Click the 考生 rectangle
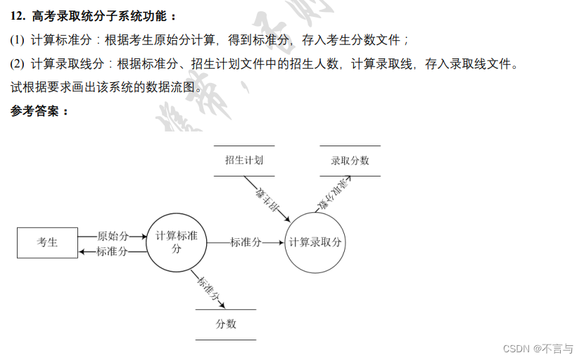[47, 243]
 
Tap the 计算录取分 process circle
[316, 243]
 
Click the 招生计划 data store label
[244, 160]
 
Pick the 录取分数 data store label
[350, 160]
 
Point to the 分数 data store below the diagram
[226, 324]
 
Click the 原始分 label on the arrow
[113, 236]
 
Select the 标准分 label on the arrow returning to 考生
[113, 252]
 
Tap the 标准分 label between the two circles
[246, 243]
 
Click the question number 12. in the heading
[18, 15]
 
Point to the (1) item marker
[18, 40]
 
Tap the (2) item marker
[18, 64]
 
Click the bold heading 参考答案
[39, 111]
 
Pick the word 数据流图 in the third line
[170, 88]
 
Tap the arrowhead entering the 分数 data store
[222, 306]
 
